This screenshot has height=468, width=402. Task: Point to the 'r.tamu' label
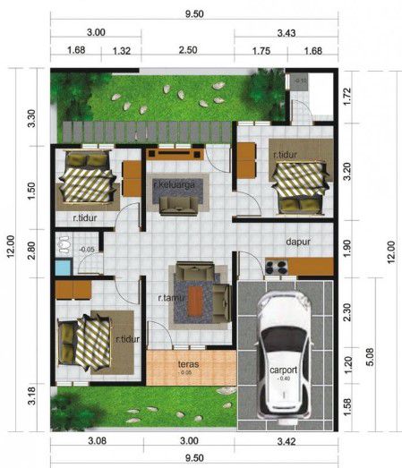pyautogui.click(x=170, y=298)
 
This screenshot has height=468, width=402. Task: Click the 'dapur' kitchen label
pyautogui.click(x=298, y=242)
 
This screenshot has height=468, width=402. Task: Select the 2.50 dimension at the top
pyautogui.click(x=188, y=50)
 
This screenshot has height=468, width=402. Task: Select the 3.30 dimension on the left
pyautogui.click(x=32, y=119)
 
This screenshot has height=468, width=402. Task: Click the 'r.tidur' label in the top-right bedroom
pyautogui.click(x=287, y=153)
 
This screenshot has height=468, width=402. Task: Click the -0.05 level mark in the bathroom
pyautogui.click(x=87, y=249)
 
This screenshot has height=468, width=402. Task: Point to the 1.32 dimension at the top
pyautogui.click(x=124, y=50)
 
